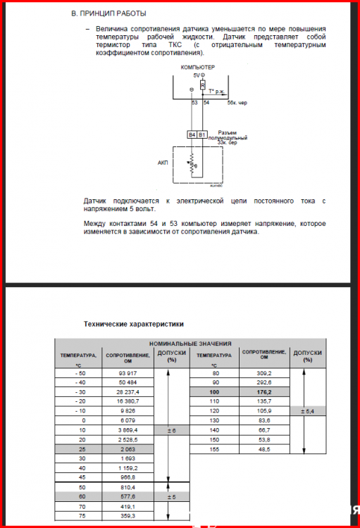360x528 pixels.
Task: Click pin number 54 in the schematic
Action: [206, 103]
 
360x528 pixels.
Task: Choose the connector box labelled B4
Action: [192, 134]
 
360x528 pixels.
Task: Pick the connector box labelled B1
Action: [202, 134]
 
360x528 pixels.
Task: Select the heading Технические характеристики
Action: [134, 325]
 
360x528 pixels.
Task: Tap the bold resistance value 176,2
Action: [265, 391]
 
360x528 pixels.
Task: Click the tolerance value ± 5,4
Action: [307, 410]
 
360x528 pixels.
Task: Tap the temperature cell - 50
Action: [77, 372]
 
